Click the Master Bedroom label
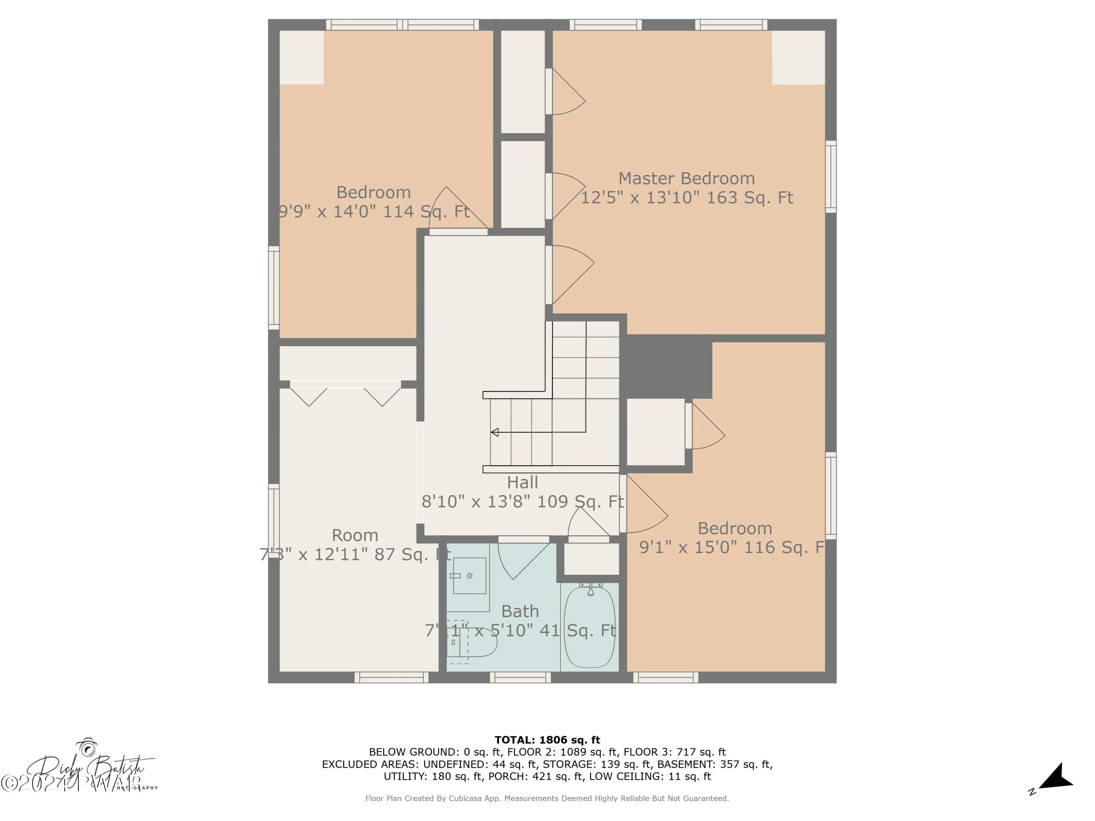point(686,179)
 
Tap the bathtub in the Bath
point(590,627)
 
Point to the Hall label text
point(522,482)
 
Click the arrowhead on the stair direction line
point(495,432)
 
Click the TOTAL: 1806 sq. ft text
point(547,740)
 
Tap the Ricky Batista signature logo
point(89,768)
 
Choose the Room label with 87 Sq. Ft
point(355,535)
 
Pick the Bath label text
point(520,612)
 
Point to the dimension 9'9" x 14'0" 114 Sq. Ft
point(374,212)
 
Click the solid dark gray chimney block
point(666,366)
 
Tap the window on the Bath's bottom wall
point(520,678)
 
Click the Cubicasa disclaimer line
point(547,798)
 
